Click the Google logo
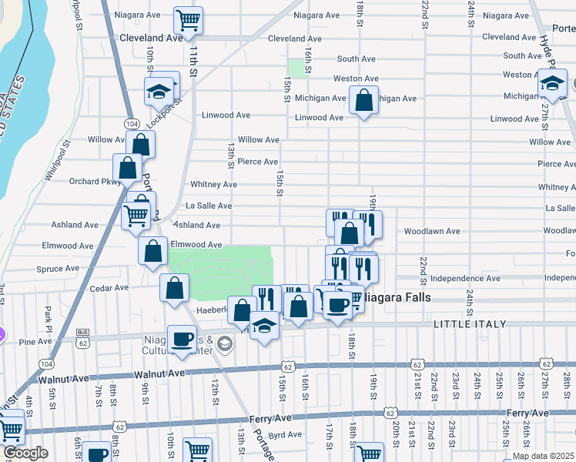pyautogui.click(x=25, y=453)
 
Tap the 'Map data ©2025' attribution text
pyautogui.click(x=542, y=456)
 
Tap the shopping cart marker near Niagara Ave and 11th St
pyautogui.click(x=188, y=19)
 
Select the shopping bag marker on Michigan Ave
pyautogui.click(x=363, y=99)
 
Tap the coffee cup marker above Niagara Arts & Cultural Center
pyautogui.click(x=182, y=340)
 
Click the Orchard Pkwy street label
pyautogui.click(x=95, y=182)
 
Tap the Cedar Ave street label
pyautogui.click(x=109, y=288)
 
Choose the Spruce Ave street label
pyautogui.click(x=58, y=269)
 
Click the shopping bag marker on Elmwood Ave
pyautogui.click(x=152, y=249)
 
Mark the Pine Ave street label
pyautogui.click(x=35, y=341)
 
